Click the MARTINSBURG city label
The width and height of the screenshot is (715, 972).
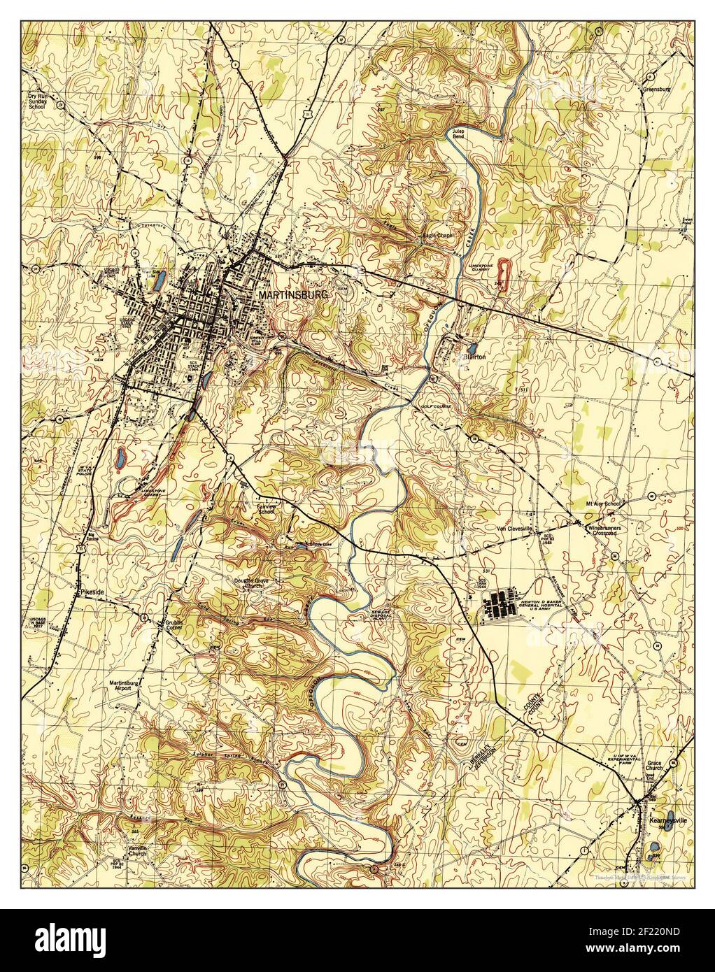[292, 296]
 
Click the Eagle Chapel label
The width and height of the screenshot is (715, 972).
[438, 236]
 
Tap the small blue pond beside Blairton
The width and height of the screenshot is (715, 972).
[471, 346]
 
